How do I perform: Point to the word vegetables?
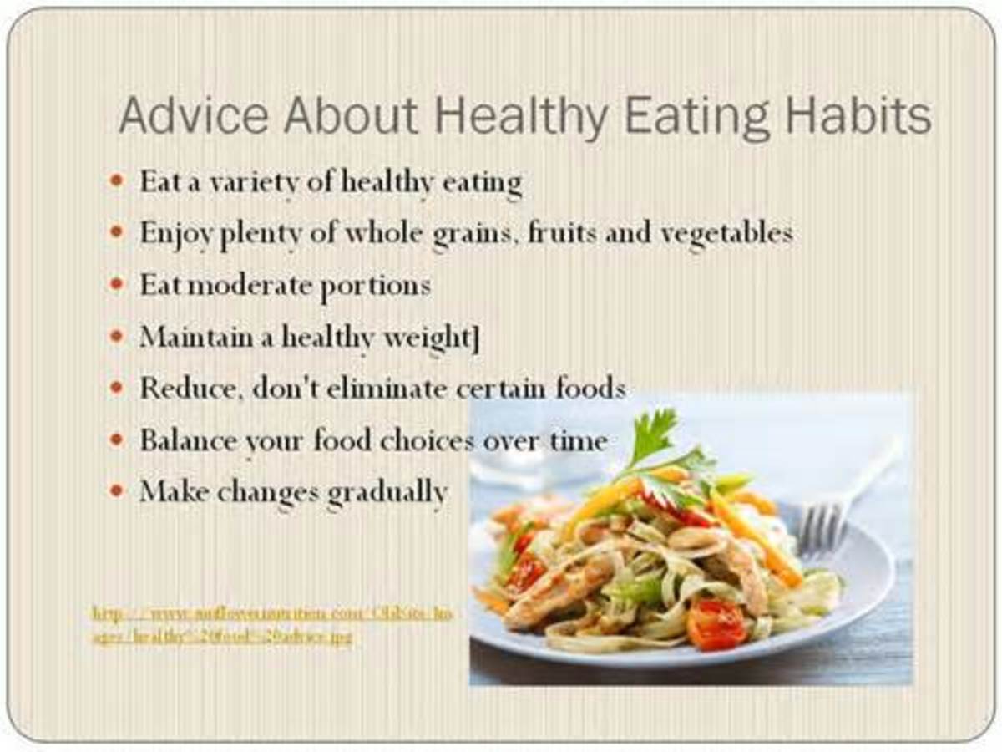point(726,234)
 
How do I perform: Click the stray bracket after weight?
point(475,338)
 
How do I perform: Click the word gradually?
point(387,493)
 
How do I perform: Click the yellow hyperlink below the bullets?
point(272,625)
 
